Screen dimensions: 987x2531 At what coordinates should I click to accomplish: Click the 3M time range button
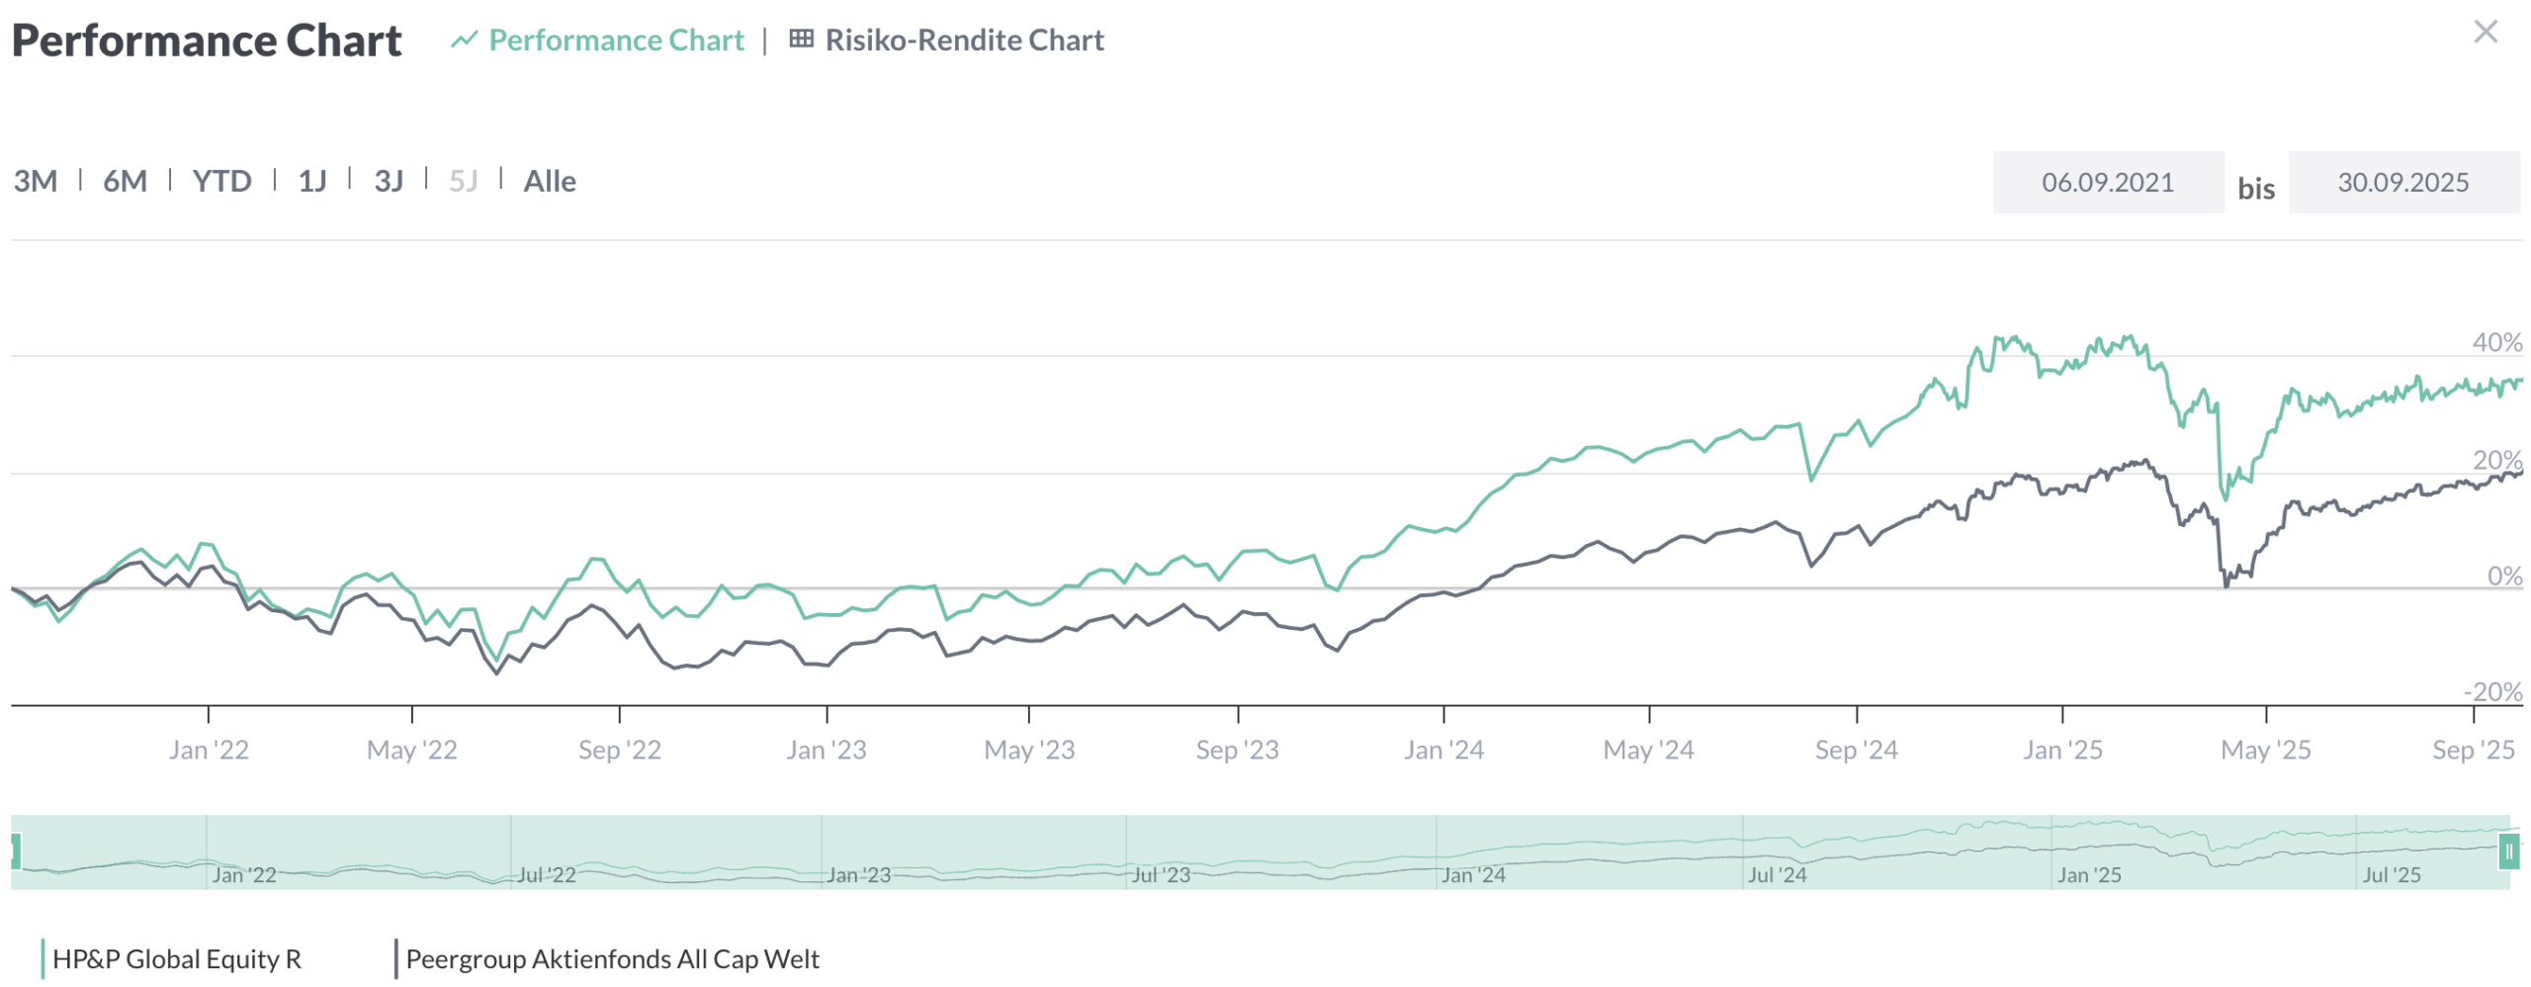pos(36,181)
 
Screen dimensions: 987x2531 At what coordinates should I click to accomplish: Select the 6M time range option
pos(125,181)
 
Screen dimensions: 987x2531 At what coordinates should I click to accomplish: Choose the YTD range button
pos(221,181)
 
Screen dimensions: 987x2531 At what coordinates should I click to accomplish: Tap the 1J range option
pos(312,181)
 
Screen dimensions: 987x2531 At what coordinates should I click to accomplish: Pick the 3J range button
pos(389,181)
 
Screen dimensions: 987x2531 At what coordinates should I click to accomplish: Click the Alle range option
pos(550,181)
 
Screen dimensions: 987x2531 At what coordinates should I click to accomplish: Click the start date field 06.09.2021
pos(2107,182)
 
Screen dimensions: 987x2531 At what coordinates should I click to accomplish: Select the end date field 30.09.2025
pos(2402,182)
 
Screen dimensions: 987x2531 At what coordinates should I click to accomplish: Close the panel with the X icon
pos(2485,32)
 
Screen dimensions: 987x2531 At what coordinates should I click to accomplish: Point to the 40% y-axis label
pos(2496,342)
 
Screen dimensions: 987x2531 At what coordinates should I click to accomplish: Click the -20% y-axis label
pos(2492,691)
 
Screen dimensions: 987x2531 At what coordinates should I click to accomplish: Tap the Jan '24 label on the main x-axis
pos(1443,750)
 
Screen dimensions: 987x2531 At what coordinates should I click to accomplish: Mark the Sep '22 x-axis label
pos(620,750)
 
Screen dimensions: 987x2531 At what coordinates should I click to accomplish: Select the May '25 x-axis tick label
pos(2265,750)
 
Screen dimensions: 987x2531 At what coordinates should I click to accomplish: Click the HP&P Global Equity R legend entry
pos(176,958)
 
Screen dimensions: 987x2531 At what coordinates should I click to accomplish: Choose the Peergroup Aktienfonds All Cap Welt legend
pos(612,958)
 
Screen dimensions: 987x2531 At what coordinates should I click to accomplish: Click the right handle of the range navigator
pos(2508,851)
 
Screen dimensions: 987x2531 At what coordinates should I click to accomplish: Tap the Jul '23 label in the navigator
pos(1161,874)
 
